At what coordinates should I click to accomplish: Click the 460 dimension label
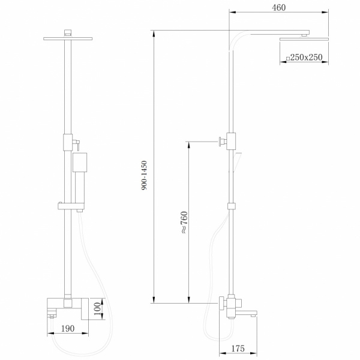pos(279,8)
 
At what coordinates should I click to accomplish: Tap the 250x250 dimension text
pos(306,57)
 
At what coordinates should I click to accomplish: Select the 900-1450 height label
pos(144,175)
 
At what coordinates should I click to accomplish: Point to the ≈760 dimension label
pos(184,222)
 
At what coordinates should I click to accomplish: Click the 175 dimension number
pos(238,349)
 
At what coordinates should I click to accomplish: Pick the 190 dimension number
pos(68,329)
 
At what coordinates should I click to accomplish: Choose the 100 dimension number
pos(97,308)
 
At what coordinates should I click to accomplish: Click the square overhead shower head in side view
pos(304,39)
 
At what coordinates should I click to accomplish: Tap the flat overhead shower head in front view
pos(68,38)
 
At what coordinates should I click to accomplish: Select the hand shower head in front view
pos(80,163)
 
